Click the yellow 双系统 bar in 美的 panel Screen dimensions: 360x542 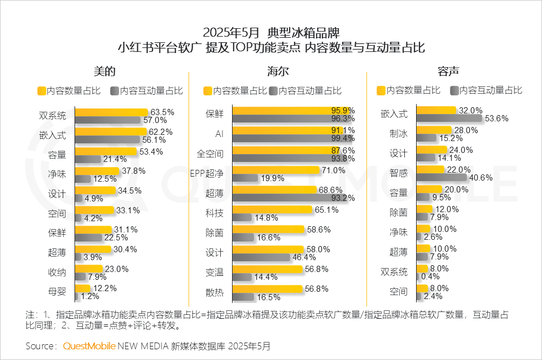111,112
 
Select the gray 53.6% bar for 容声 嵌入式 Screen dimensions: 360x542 449,118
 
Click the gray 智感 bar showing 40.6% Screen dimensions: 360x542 441,177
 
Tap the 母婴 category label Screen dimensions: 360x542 57,292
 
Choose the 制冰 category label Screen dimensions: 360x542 398,134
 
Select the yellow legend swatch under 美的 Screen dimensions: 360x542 41,90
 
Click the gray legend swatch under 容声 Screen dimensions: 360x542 454,90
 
